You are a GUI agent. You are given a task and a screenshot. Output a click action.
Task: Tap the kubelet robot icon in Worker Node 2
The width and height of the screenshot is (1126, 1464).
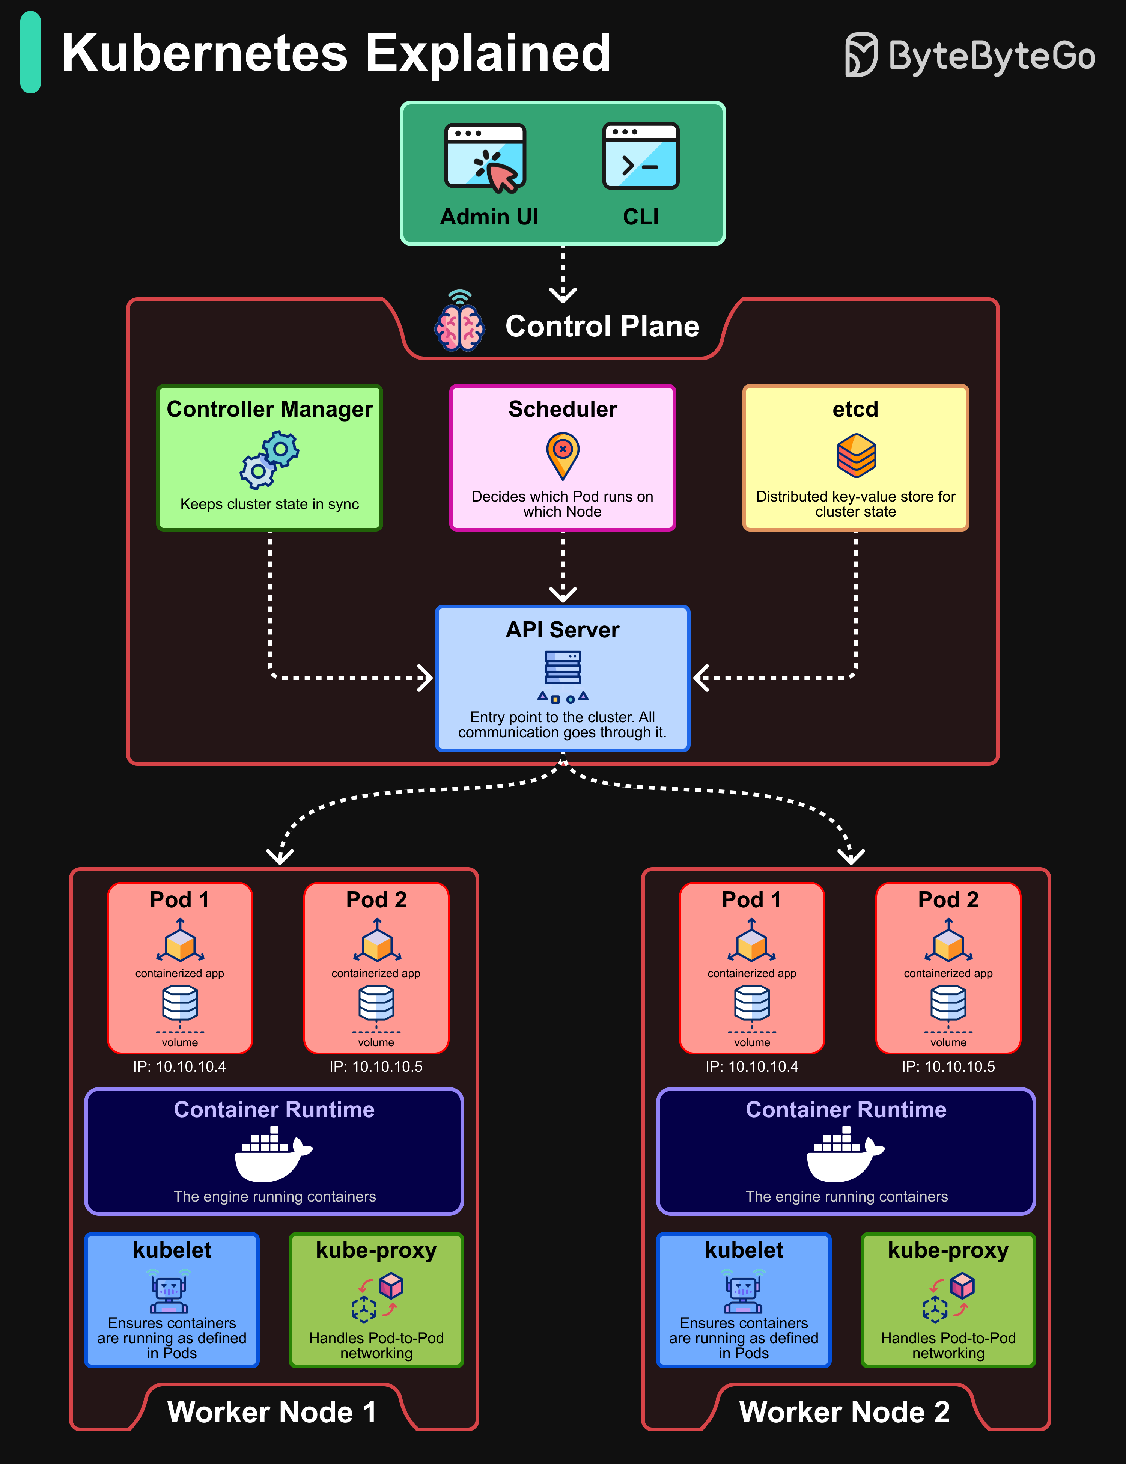tap(743, 1292)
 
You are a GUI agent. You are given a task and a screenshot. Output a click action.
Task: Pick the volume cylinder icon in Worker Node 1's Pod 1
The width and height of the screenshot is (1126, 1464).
tap(180, 1003)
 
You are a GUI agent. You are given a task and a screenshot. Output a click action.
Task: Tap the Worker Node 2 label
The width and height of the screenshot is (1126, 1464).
tap(844, 1412)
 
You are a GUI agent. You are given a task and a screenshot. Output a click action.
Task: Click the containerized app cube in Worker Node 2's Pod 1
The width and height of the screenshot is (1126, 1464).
tap(751, 942)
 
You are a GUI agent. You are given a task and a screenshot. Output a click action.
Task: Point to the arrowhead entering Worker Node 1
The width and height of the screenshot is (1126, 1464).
tap(280, 856)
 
